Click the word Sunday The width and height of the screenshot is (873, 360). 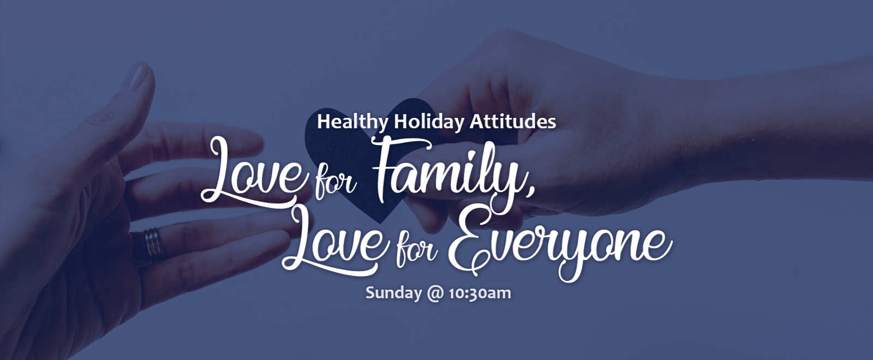coord(393,293)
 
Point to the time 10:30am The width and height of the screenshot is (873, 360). coord(480,293)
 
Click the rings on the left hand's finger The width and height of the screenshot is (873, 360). coord(153,245)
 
